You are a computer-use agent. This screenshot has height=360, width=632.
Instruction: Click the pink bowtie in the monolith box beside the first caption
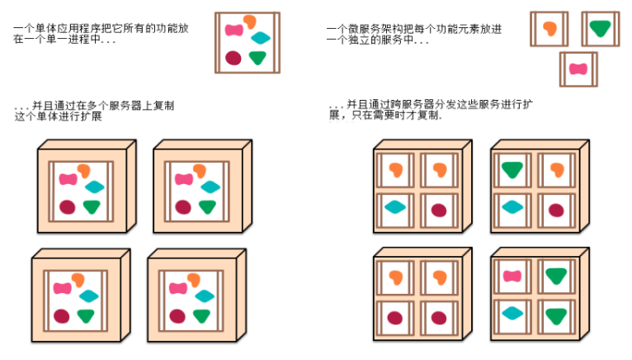pos(236,31)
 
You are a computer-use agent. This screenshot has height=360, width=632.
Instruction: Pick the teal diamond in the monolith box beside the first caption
pos(261,38)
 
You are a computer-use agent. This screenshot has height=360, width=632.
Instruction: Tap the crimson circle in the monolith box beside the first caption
pos(233,58)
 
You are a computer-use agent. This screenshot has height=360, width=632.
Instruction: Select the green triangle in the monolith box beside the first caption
pos(257,58)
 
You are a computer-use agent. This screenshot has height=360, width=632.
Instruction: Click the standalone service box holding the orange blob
pos(549,29)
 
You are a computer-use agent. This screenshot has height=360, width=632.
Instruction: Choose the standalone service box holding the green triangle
pos(600,29)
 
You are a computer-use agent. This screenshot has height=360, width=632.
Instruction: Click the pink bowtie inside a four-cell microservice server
pos(512,277)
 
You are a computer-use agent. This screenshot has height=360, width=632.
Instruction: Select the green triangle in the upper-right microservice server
pos(512,170)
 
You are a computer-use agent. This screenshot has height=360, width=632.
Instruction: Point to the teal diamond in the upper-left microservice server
pos(394,207)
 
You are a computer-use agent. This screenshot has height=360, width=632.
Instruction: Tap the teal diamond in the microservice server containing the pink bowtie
pos(512,312)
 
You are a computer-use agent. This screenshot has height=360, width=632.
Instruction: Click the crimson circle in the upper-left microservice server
pos(438,210)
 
